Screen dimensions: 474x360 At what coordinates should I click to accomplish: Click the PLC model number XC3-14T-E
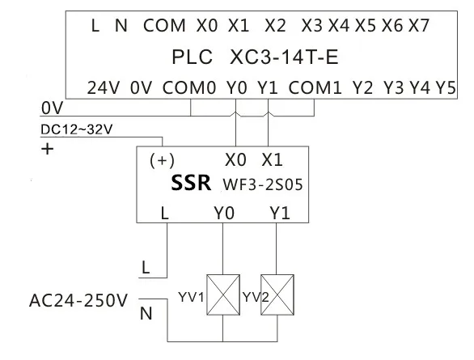[x=284, y=57]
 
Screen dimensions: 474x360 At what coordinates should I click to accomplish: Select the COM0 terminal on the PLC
[x=189, y=88]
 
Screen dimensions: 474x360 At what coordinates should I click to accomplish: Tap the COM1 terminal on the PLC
[x=315, y=88]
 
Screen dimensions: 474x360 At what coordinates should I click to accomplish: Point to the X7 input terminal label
[x=419, y=25]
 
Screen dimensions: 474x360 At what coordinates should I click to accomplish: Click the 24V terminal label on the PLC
[x=104, y=88]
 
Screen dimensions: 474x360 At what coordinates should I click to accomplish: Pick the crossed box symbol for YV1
[x=223, y=294]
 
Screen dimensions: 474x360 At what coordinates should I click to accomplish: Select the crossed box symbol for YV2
[x=277, y=294]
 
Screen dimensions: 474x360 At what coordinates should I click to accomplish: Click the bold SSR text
[x=191, y=183]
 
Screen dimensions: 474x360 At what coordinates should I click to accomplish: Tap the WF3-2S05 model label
[x=263, y=184]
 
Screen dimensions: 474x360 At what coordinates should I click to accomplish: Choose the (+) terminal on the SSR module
[x=162, y=160]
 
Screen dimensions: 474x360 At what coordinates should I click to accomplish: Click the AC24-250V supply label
[x=78, y=301]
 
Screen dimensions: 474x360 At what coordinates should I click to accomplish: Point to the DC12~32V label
[x=77, y=129]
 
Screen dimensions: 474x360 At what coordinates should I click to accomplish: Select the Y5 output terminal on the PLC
[x=446, y=88]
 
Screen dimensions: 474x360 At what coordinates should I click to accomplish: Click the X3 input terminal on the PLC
[x=311, y=25]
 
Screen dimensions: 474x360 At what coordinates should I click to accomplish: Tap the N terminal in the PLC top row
[x=121, y=25]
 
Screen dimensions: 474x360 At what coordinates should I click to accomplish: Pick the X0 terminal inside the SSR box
[x=235, y=160]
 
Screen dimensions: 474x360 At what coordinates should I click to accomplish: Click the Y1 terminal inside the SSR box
[x=280, y=213]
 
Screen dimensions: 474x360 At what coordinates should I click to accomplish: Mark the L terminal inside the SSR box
[x=164, y=213]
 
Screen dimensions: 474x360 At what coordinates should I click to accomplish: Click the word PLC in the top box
[x=193, y=57]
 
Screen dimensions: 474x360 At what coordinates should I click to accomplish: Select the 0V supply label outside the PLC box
[x=52, y=108]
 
